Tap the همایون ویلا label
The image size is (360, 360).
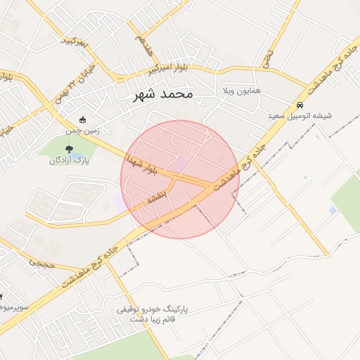click(x=240, y=92)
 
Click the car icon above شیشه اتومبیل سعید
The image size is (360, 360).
click(x=300, y=105)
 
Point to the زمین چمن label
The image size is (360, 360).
click(x=84, y=131)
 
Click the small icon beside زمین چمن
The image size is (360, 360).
click(x=84, y=120)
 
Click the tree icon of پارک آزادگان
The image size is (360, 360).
click(x=68, y=148)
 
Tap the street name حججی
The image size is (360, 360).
click(x=41, y=262)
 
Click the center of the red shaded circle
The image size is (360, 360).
click(x=180, y=179)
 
